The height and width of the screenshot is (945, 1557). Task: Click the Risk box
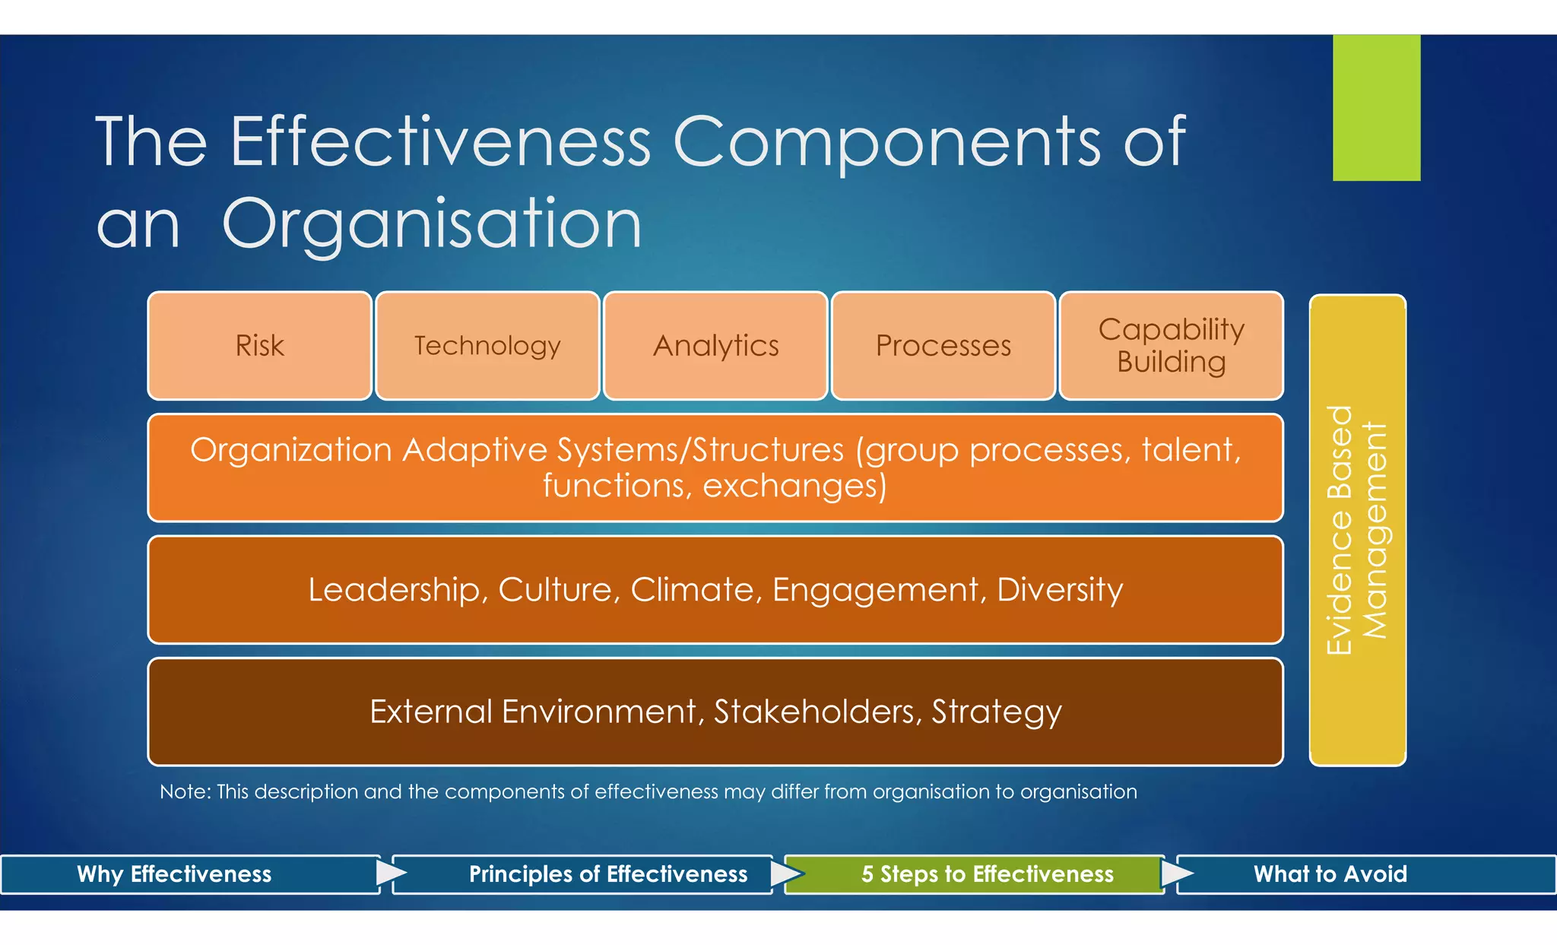point(259,346)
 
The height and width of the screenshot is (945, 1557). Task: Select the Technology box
point(487,346)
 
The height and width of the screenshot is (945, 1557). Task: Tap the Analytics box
point(715,346)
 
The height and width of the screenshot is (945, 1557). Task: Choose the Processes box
point(943,346)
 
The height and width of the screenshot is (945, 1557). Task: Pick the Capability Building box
point(1171,346)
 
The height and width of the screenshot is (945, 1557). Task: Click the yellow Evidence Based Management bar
point(1357,530)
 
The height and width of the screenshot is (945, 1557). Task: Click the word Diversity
point(1059,590)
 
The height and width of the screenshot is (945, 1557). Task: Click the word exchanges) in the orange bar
point(794,486)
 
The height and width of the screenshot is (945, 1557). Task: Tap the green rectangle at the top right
point(1376,107)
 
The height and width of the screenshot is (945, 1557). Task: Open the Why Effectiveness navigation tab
point(174,874)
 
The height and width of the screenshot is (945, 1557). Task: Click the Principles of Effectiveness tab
point(607,874)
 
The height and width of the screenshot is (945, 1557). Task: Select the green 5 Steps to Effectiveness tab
point(987,874)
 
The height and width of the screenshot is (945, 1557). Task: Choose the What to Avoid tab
point(1330,874)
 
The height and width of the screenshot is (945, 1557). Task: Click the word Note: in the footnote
point(185,792)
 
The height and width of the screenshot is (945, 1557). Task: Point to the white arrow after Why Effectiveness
point(390,873)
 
